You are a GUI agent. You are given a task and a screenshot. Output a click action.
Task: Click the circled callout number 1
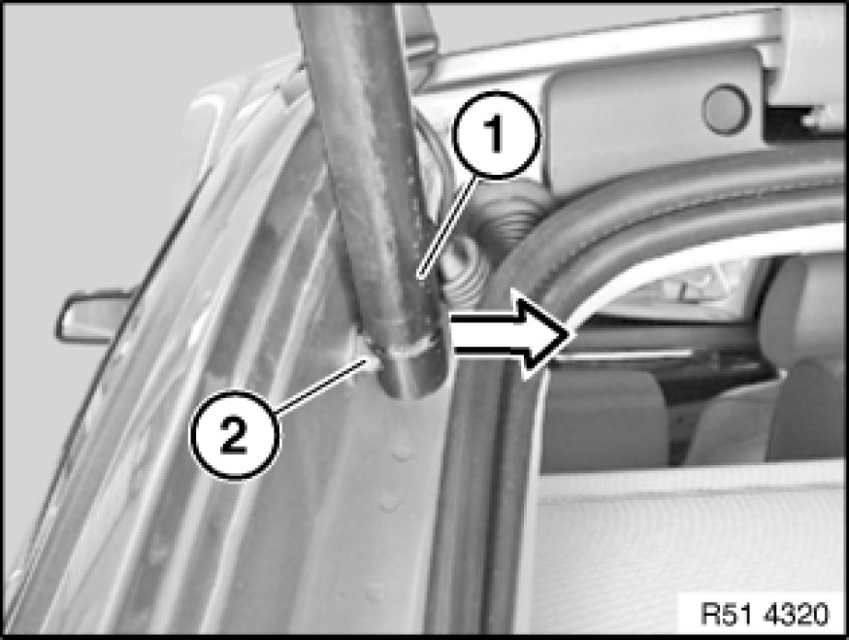pos(497,135)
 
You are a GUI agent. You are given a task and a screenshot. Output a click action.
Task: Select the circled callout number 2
pos(234,434)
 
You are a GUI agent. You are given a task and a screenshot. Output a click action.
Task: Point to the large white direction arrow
pos(509,331)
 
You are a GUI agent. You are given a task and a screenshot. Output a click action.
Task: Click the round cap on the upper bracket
pos(726,109)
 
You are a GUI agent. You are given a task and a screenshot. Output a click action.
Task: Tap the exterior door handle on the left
pos(92,317)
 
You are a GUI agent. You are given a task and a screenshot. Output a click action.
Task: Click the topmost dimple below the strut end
pos(402,453)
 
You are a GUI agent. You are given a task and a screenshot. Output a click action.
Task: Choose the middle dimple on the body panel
pos(388,503)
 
